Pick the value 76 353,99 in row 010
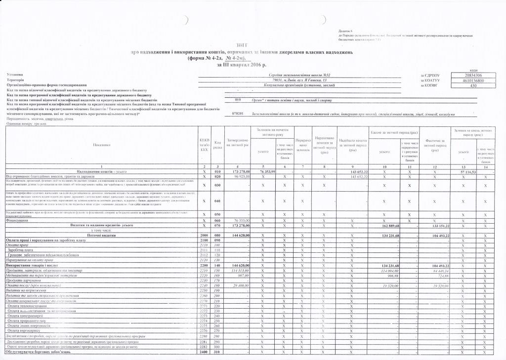coord(267,171)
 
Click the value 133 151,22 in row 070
coord(438,225)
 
